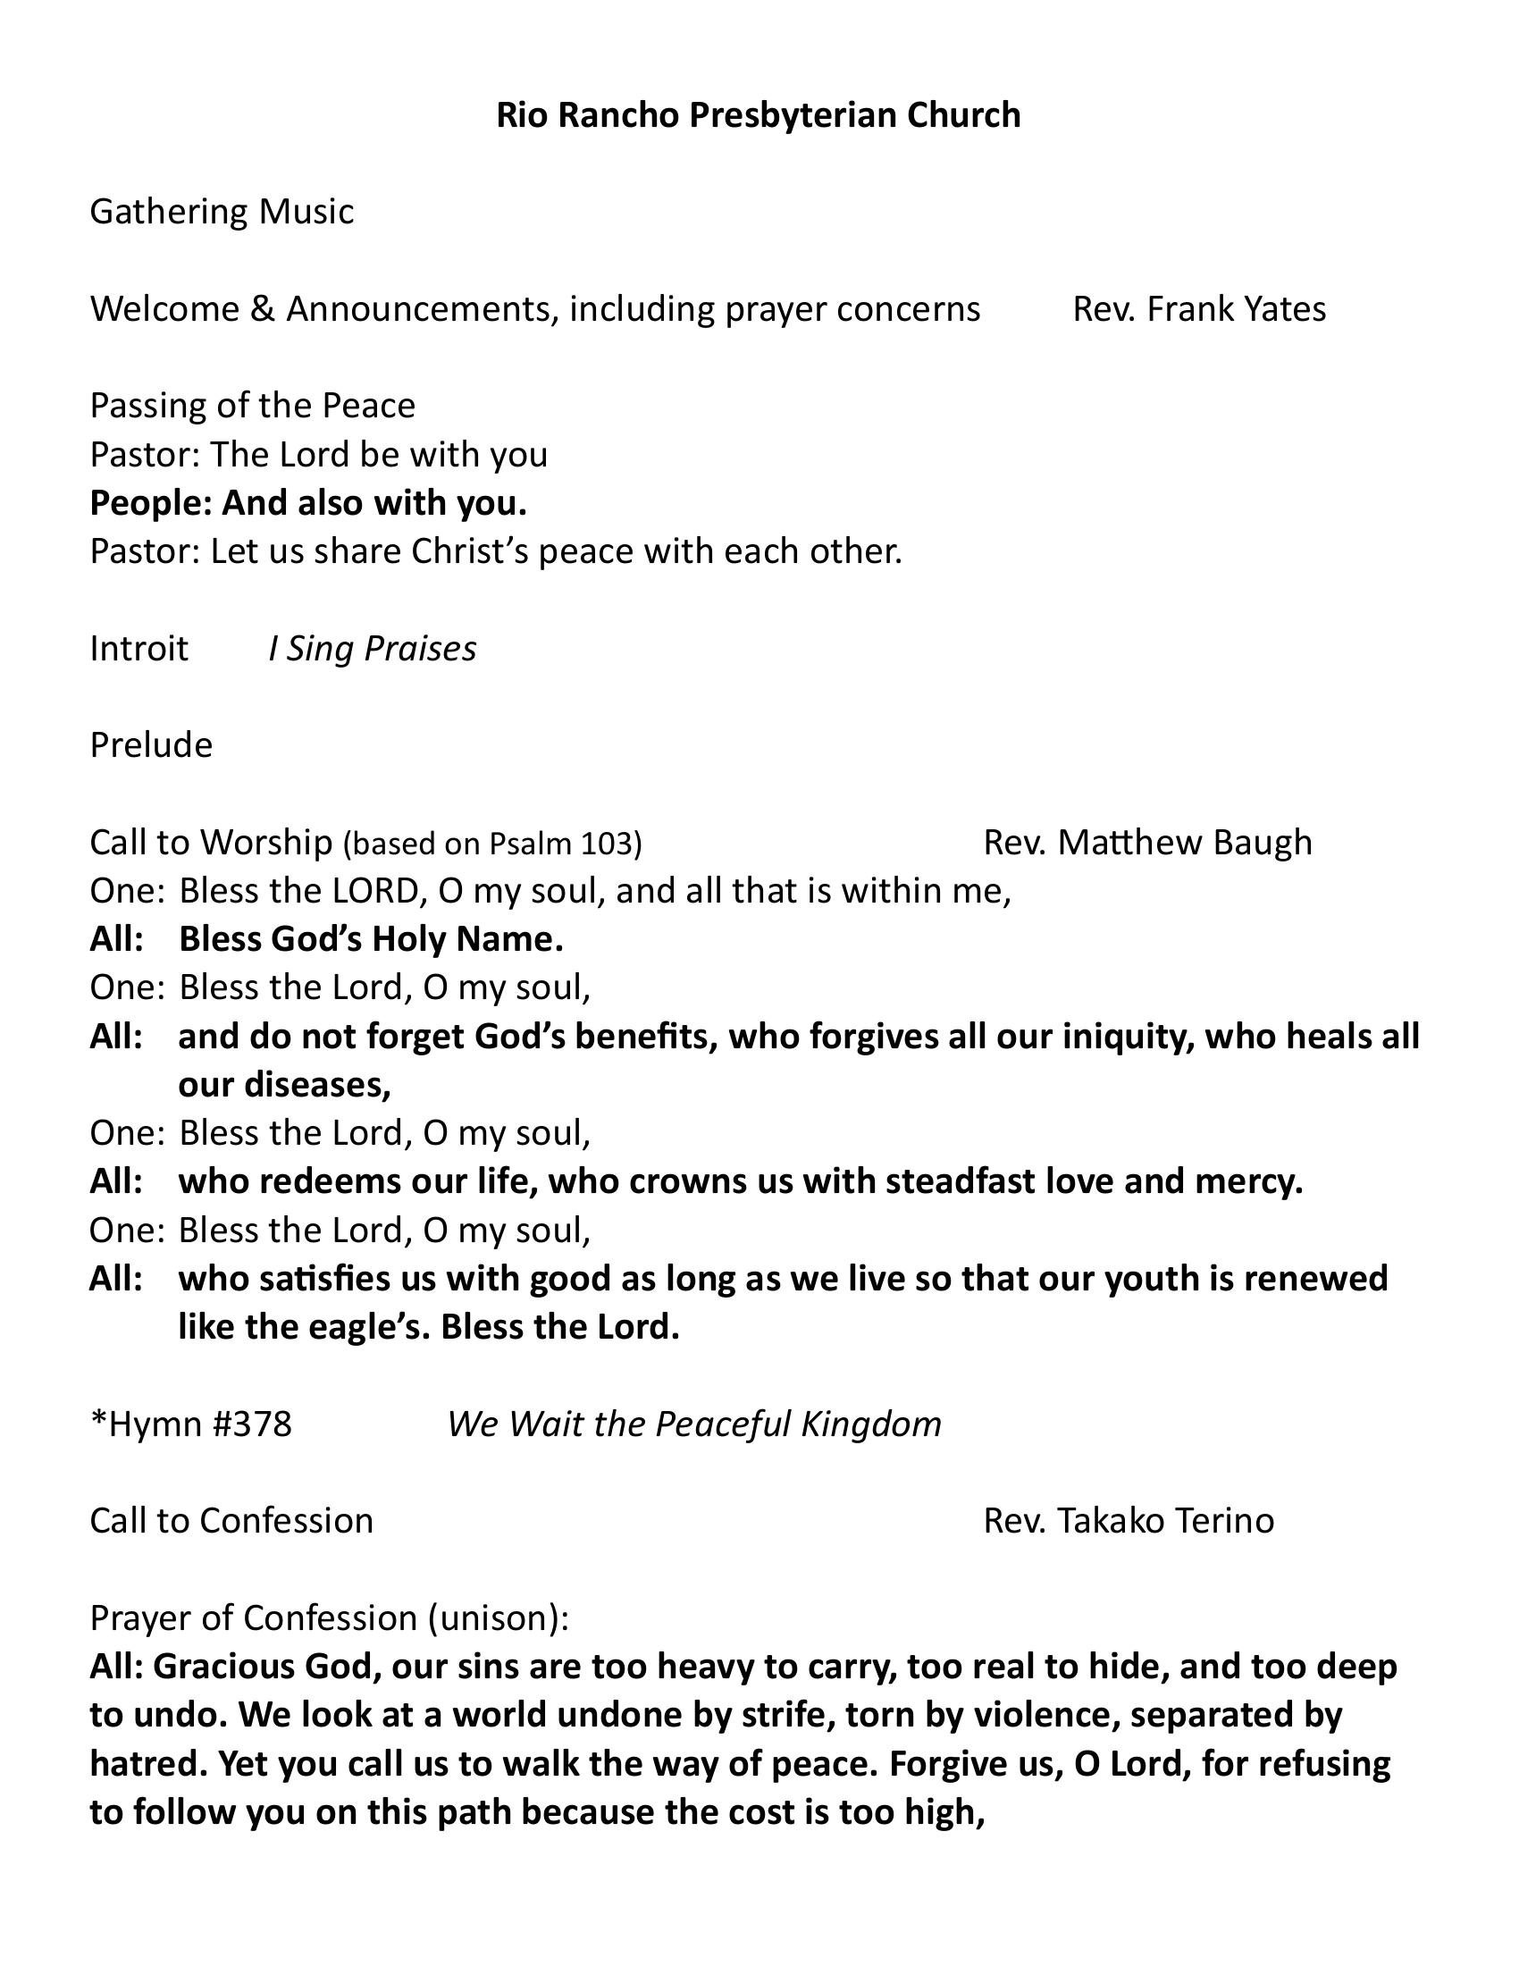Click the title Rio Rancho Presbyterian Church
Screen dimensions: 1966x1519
coord(758,115)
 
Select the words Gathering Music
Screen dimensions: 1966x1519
coord(222,212)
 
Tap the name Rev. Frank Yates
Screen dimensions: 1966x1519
coord(1198,309)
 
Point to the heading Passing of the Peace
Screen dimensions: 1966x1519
coord(252,405)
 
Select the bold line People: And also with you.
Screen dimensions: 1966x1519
coord(307,502)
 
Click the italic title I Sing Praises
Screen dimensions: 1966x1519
coord(372,648)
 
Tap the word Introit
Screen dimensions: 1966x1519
coord(138,648)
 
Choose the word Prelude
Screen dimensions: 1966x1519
coord(151,745)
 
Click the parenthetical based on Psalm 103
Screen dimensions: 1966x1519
coord(492,843)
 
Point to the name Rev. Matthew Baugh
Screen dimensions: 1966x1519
coord(1147,843)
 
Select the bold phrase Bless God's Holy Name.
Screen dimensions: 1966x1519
coord(371,940)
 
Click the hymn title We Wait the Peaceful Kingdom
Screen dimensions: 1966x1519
coord(693,1424)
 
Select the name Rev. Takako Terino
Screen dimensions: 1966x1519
coord(1129,1521)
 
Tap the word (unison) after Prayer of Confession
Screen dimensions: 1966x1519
coord(498,1618)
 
